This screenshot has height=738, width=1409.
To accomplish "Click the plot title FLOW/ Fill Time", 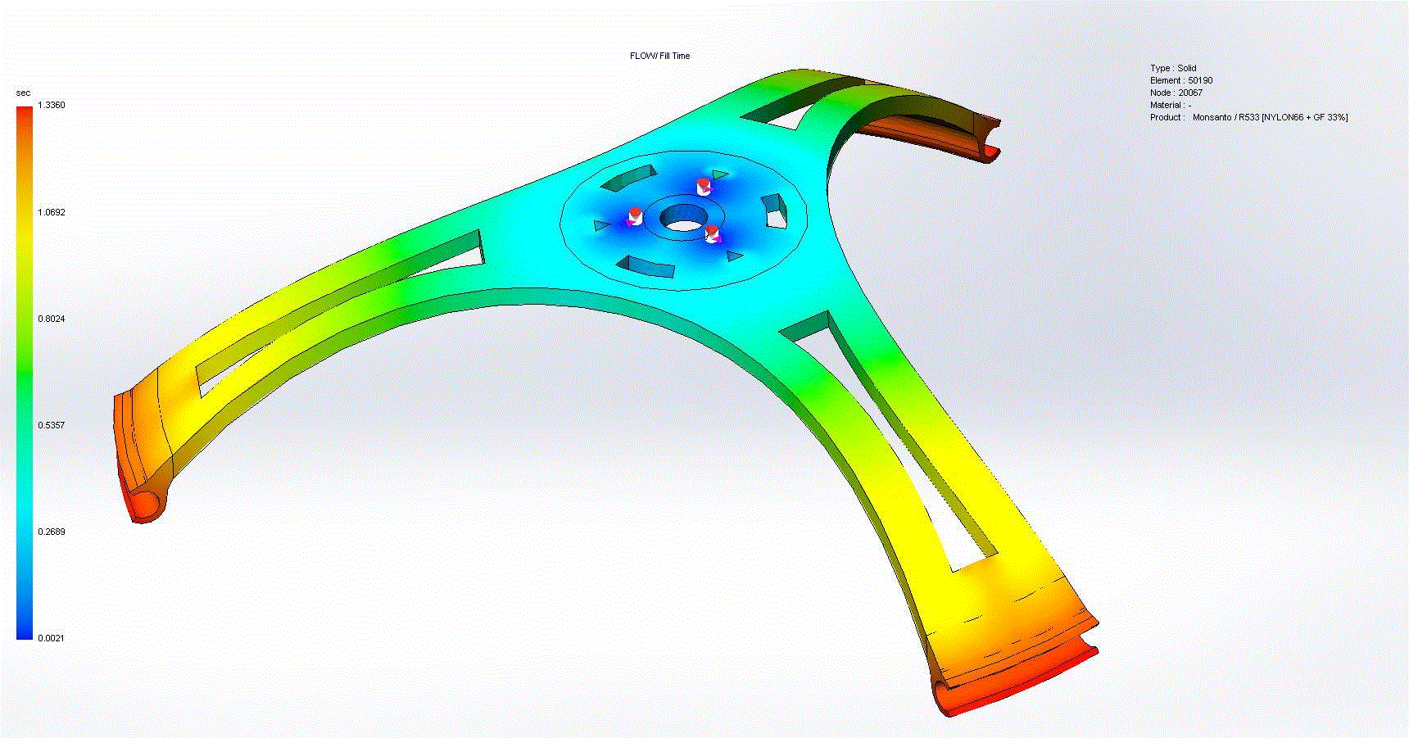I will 659,56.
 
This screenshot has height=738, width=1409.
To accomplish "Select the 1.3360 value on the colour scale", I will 52,105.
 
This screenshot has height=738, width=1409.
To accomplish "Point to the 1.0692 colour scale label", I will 52,212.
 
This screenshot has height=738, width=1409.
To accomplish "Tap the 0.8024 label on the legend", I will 52,319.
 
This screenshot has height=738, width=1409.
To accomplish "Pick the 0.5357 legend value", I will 52,425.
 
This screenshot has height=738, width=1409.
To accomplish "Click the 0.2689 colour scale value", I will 52,532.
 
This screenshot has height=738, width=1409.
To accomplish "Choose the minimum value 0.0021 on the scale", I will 52,638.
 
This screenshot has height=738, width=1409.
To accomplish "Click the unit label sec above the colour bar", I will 23,93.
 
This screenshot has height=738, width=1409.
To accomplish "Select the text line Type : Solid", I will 1173,68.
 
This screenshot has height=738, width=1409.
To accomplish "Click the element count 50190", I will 1200,80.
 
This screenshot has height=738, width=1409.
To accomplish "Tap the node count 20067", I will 1190,93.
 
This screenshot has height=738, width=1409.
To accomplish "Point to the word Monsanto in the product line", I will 1215,117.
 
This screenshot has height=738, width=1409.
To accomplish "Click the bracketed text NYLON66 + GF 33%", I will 1304,117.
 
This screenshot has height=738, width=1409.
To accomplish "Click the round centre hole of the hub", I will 683,219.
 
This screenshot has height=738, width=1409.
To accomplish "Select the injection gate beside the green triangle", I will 703,185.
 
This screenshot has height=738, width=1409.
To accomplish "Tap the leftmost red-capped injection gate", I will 635,217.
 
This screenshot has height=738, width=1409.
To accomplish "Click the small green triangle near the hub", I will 719,174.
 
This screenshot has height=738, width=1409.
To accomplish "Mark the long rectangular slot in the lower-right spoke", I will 893,442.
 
